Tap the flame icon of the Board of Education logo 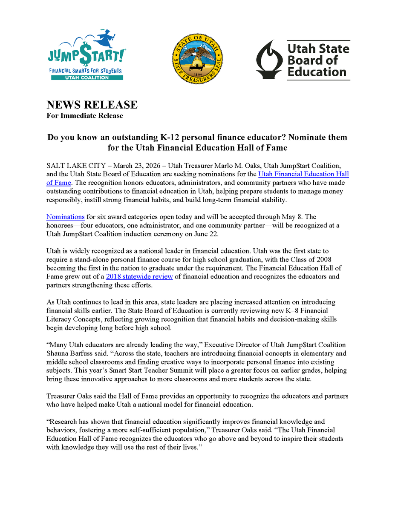[268, 59]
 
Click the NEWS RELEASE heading [92, 105]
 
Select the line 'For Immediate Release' [84, 116]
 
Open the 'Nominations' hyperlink [65, 217]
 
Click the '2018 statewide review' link [139, 276]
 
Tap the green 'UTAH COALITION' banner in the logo [86, 78]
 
